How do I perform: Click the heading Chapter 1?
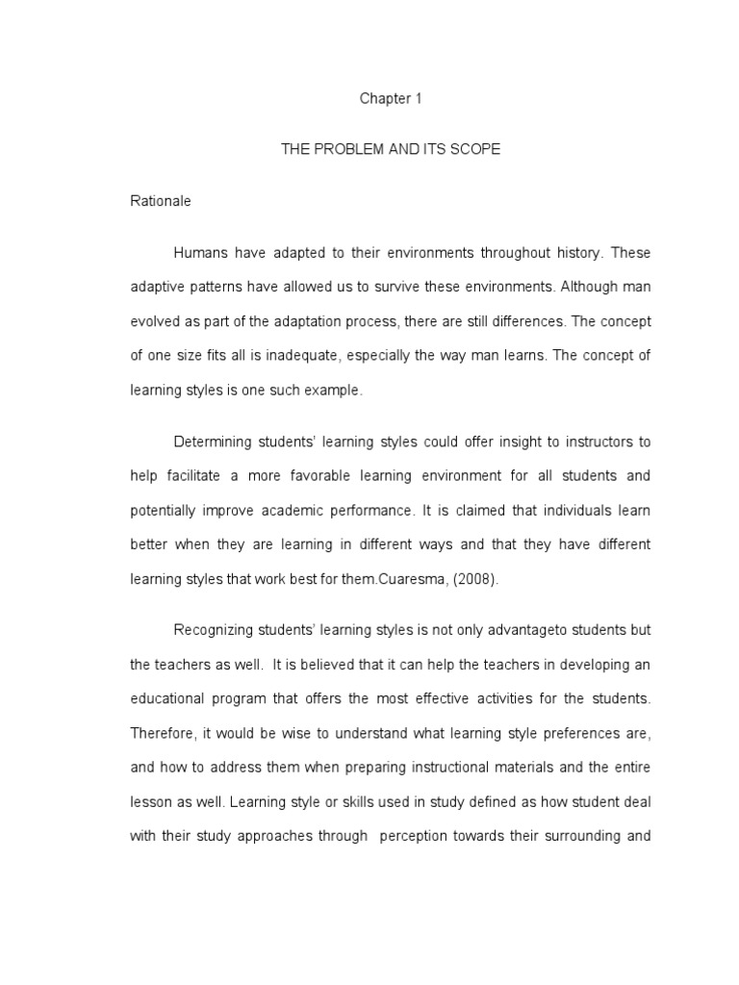pos(391,98)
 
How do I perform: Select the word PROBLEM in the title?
pos(341,150)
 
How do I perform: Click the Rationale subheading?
pos(161,201)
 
